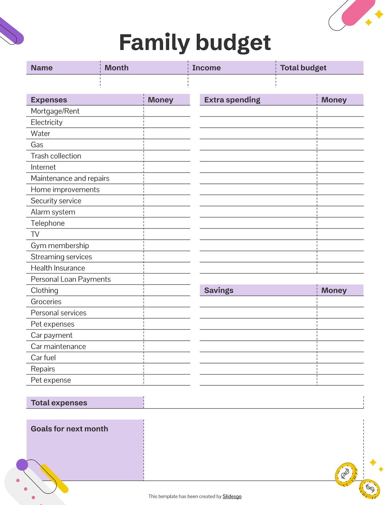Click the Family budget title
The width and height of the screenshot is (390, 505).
pos(195,43)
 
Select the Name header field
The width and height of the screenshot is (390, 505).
pos(42,68)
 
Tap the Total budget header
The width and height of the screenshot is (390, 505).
pos(303,68)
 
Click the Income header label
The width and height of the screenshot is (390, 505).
pos(206,68)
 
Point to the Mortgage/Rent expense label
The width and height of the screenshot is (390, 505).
pos(55,111)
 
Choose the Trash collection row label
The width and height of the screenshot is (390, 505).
pos(56,156)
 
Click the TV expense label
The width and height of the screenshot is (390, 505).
pos(35,234)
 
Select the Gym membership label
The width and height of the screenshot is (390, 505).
pos(60,246)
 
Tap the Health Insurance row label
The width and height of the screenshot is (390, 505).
pos(58,268)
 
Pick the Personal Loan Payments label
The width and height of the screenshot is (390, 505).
pos(71,279)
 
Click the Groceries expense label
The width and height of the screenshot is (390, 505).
pos(46,302)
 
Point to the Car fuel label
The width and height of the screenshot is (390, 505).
pos(43,358)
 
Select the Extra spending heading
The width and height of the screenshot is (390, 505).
pos(232,100)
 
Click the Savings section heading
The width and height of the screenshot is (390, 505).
pos(218,290)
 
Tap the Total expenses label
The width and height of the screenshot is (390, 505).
pos(59,403)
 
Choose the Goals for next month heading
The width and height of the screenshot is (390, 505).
pos(69,429)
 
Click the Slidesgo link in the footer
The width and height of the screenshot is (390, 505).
pos(232,496)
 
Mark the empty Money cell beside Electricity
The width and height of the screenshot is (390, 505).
pos(167,122)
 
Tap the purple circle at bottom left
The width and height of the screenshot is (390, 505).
pos(22,465)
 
